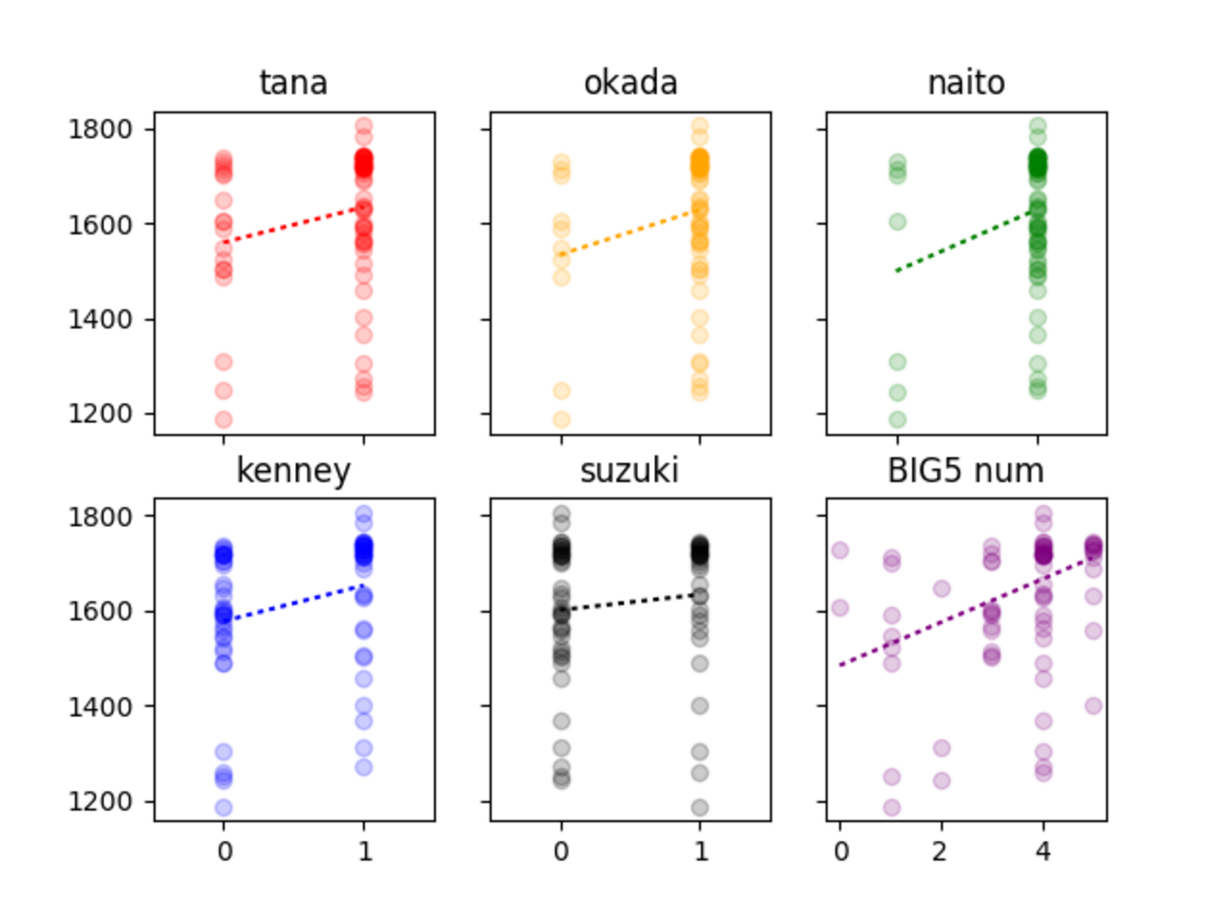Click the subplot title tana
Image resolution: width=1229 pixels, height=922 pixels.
(293, 83)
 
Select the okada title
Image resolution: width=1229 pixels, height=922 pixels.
(631, 83)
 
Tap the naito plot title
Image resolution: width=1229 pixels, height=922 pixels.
(966, 83)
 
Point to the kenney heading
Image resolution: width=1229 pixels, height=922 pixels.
(293, 470)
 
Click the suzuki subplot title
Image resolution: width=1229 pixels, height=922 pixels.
(630, 470)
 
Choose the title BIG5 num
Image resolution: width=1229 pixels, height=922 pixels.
(965, 470)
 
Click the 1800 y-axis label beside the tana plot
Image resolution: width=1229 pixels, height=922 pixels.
(100, 129)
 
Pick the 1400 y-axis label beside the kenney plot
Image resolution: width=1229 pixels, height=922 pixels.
(100, 706)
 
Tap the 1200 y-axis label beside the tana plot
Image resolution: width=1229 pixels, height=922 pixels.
(100, 414)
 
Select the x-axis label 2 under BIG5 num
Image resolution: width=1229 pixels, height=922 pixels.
(941, 851)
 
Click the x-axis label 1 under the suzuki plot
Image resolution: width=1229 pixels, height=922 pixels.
(701, 851)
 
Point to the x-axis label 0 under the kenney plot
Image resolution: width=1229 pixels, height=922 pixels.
(224, 851)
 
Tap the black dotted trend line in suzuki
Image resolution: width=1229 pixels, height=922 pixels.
(631, 602)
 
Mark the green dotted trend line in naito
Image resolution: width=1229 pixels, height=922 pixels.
(966, 241)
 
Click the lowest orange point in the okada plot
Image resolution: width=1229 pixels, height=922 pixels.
(562, 419)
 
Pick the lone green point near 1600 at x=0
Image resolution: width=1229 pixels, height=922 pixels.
(897, 222)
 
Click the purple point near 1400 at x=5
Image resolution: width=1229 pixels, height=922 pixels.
(1094, 705)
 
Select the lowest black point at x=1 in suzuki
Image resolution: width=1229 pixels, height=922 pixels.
(700, 808)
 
